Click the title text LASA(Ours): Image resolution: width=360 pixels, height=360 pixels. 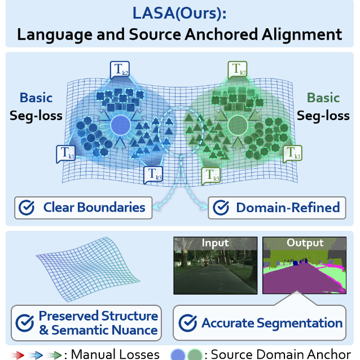coord(179,14)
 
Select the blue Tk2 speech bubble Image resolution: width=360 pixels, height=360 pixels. coord(120,69)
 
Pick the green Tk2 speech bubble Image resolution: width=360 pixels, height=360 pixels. coord(238,69)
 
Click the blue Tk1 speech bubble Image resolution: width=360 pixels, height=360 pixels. coord(65,154)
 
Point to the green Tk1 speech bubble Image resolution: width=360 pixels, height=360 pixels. coord(292,154)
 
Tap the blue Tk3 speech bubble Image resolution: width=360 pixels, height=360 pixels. coord(153,175)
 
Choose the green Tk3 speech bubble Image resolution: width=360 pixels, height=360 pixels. coord(211,175)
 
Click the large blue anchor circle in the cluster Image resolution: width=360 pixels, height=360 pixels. coord(121,125)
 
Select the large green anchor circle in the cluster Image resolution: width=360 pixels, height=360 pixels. coord(238,125)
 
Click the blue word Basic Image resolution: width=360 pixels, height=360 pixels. coord(36,98)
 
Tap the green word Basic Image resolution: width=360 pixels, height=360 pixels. coord(323,98)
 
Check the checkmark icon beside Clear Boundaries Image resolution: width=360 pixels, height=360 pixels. coord(27,208)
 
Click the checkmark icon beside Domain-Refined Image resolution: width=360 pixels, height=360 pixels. coord(221,208)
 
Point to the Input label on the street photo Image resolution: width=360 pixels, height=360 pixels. coord(215,243)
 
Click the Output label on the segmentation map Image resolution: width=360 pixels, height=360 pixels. coord(305,243)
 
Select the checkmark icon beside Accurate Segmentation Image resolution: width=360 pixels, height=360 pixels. coord(188,323)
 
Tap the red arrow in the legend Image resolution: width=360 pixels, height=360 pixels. coord(17,355)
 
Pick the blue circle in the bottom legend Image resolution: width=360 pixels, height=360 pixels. coord(178,355)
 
